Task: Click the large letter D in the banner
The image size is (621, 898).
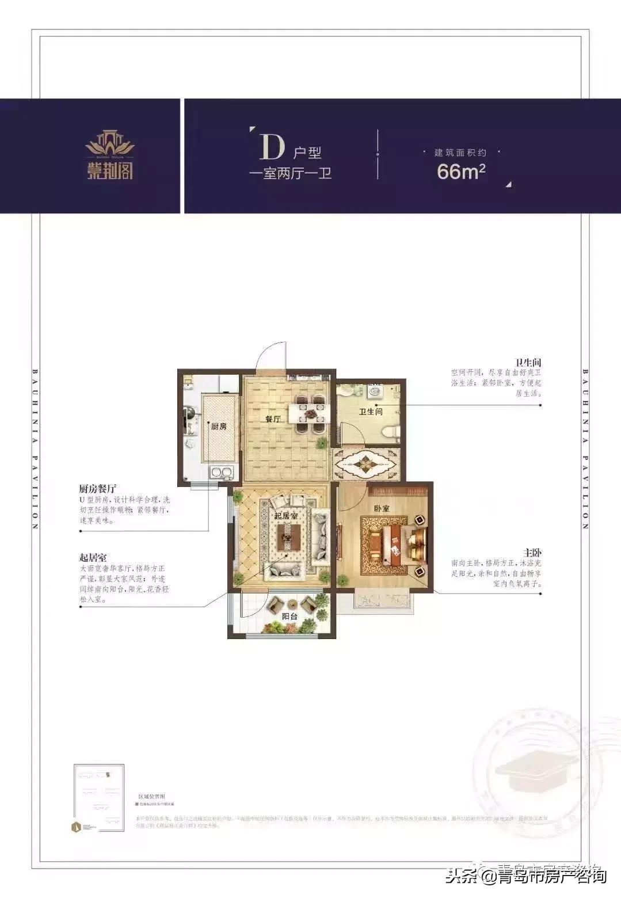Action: tap(272, 147)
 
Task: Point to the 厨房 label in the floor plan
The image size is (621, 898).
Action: tap(218, 427)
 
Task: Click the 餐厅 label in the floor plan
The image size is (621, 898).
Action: tap(273, 419)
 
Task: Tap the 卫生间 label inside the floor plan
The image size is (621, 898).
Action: tap(371, 412)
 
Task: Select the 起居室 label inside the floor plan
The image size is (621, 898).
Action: tap(286, 516)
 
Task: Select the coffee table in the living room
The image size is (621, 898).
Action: tap(287, 538)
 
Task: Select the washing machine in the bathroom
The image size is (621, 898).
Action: tap(374, 391)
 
